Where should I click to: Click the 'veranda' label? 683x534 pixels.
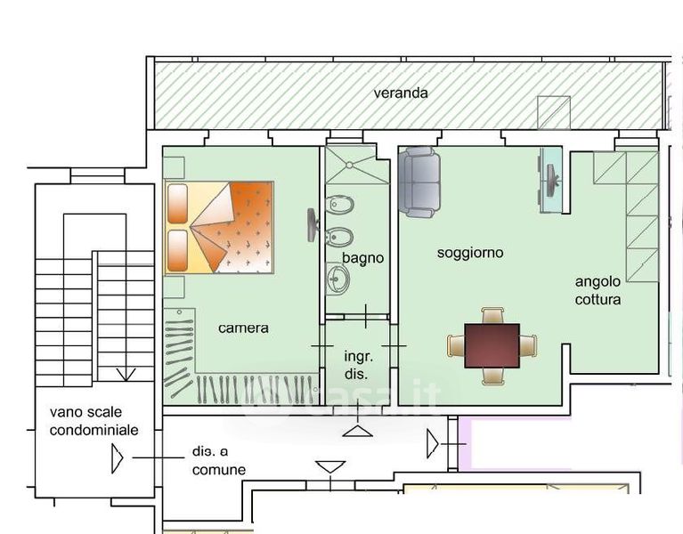click(x=401, y=93)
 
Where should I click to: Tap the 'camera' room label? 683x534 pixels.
click(x=243, y=328)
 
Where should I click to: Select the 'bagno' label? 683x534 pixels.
click(x=362, y=258)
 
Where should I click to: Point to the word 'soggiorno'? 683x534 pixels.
click(x=470, y=253)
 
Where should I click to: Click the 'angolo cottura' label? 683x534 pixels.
click(x=598, y=291)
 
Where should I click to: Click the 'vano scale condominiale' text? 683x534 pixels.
click(x=94, y=420)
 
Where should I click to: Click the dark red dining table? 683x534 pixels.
click(x=492, y=345)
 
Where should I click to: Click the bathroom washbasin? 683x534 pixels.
click(x=338, y=279)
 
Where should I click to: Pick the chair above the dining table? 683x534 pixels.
click(x=492, y=315)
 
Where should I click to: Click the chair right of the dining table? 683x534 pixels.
click(x=529, y=345)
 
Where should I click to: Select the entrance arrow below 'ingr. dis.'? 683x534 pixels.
click(x=358, y=431)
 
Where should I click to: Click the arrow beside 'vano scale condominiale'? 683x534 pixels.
click(x=117, y=458)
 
